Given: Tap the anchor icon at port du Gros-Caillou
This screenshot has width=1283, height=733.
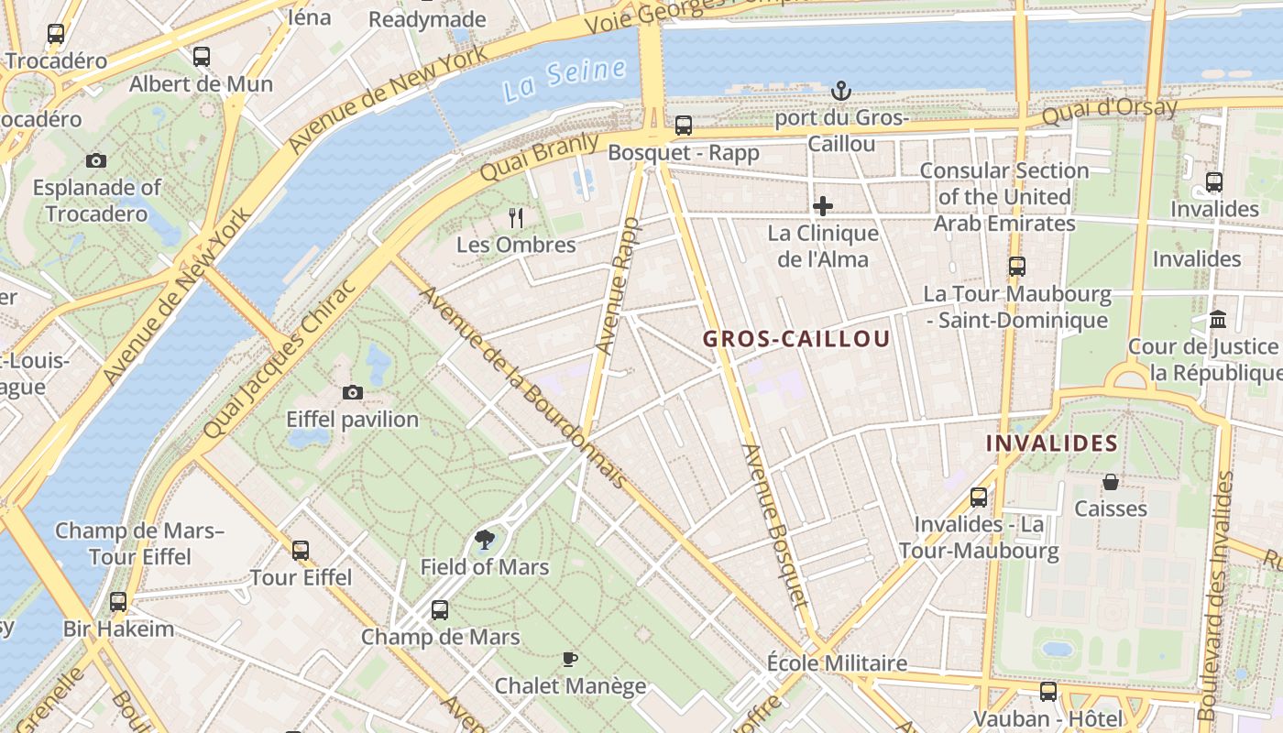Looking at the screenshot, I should tap(840, 91).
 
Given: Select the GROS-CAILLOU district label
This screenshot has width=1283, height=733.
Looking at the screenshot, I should tap(796, 339).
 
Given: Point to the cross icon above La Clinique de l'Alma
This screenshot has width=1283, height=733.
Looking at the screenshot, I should tap(823, 206).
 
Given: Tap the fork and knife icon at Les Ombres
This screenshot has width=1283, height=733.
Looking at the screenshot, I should tap(516, 218).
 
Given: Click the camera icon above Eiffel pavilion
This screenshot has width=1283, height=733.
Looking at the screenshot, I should tap(352, 393).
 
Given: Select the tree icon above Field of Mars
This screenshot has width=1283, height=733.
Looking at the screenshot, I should tap(484, 540).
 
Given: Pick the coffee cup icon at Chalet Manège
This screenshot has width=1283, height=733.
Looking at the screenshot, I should tap(569, 659).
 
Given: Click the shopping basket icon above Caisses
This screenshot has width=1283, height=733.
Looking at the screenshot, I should tap(1111, 482).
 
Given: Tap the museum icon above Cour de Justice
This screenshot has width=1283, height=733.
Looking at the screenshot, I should tap(1218, 320).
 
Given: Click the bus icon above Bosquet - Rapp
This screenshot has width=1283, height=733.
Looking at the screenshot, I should tap(683, 126).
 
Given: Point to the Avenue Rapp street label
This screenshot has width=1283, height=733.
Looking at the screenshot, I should tap(617, 286).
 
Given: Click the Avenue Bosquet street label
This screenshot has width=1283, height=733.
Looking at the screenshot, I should tap(776, 527).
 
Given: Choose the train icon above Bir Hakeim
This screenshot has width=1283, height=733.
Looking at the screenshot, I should tap(118, 602).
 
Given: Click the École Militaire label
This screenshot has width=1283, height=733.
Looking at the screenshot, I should tap(837, 662).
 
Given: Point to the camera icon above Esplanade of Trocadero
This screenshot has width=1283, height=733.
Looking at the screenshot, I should tap(96, 161).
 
